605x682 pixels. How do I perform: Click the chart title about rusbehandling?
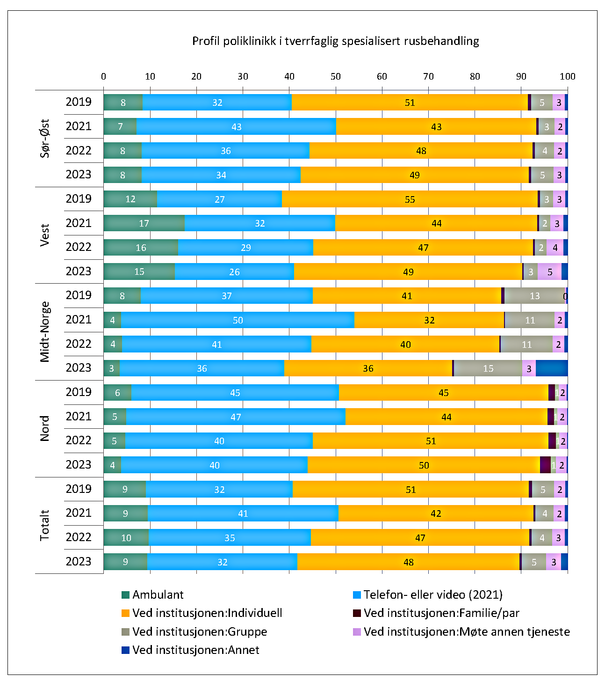tap(335, 41)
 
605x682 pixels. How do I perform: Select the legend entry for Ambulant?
tap(158, 594)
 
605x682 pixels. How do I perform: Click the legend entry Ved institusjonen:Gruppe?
tap(199, 631)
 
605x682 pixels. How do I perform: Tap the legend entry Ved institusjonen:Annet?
tap(195, 650)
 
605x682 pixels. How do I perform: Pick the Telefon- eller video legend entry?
tap(432, 594)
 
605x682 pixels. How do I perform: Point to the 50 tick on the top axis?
tap(336, 77)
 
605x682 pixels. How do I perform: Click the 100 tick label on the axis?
tap(567, 77)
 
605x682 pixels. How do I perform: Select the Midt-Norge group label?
tap(45, 332)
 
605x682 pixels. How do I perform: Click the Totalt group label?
tap(45, 525)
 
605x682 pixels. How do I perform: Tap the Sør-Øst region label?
tap(45, 138)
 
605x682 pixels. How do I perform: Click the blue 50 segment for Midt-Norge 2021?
tap(238, 320)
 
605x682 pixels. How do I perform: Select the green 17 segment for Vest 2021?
tap(144, 223)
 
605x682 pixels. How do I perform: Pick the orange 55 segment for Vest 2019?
tap(410, 199)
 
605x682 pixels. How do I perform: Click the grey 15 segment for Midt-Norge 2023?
tap(488, 368)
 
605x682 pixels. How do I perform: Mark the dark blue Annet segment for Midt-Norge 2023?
tap(552, 368)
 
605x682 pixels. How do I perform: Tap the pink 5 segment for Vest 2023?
tap(549, 271)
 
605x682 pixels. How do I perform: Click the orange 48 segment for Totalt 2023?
tap(408, 562)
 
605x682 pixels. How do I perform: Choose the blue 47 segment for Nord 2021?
tap(236, 417)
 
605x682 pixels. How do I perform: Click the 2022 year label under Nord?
tap(79, 440)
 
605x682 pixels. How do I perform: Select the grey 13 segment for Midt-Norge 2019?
tap(534, 296)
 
